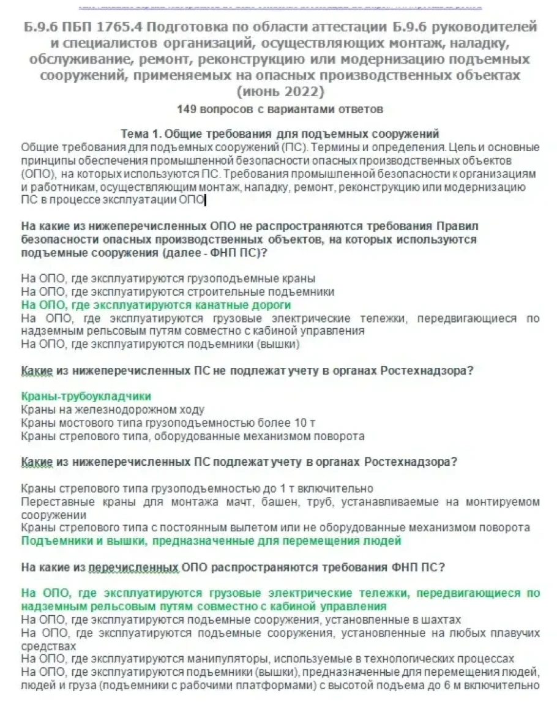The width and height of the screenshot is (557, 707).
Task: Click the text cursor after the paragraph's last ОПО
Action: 205,200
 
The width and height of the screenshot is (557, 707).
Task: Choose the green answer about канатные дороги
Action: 156,305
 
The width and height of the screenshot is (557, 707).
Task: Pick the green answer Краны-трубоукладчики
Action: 86,396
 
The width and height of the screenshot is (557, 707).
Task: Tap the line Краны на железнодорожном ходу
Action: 113,410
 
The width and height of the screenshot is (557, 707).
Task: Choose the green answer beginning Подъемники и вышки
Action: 211,541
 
